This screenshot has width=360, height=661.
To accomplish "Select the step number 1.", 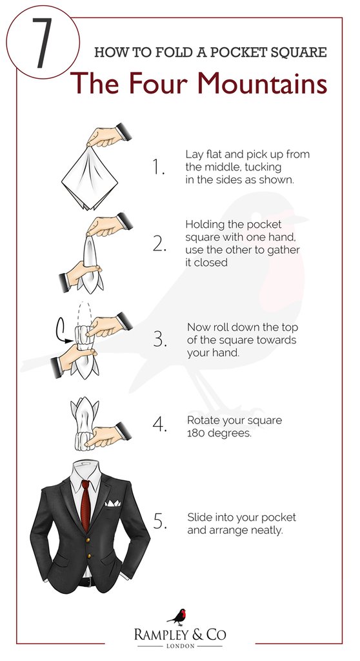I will coord(159,167).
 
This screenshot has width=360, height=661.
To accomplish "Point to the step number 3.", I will coord(160,340).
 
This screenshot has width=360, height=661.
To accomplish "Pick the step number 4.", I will coord(160,425).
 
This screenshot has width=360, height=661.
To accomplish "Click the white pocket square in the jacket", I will coord(114,503).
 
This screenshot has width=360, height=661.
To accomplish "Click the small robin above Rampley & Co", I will coord(180,615).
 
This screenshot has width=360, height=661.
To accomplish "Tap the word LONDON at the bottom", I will coord(180,645).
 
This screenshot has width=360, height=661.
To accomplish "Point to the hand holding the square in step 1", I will coord(106,135).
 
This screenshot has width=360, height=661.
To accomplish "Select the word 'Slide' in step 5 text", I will coord(199,518).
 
